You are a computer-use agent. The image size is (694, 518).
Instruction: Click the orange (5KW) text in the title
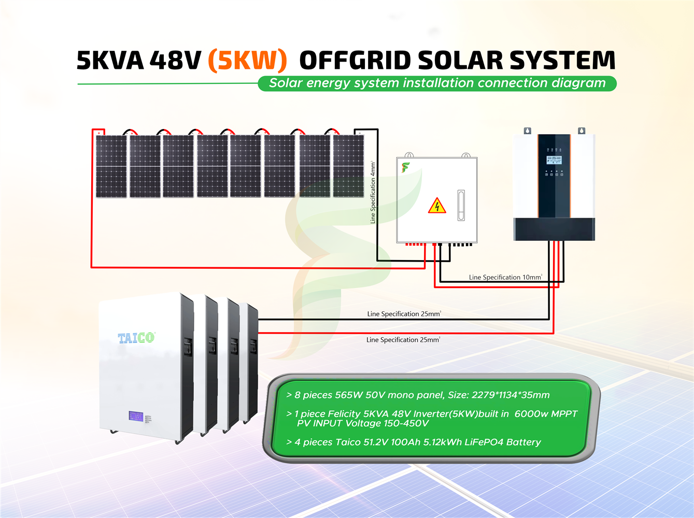tap(247, 61)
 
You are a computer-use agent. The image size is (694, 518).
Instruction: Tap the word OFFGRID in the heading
tap(355, 61)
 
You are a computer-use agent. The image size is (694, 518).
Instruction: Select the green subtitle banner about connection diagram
tap(437, 83)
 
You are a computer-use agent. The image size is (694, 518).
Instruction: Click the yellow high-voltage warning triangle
tap(437, 206)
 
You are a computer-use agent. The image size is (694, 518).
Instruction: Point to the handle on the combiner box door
tap(461, 205)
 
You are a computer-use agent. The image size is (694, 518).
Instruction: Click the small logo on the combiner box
tap(405, 167)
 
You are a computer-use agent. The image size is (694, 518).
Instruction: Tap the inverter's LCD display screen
tap(554, 160)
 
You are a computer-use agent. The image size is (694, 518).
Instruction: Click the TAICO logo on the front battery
tap(136, 338)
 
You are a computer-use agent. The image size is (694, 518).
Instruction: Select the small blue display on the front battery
tap(136, 416)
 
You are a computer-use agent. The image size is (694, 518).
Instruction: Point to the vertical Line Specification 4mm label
tap(373, 192)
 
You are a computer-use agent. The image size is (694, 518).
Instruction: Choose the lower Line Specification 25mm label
tap(403, 340)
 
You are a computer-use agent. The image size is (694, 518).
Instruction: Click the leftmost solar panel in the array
tap(111, 166)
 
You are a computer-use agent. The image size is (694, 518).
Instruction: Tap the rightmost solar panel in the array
tap(348, 166)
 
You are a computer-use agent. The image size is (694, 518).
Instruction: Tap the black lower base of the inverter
tap(554, 229)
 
